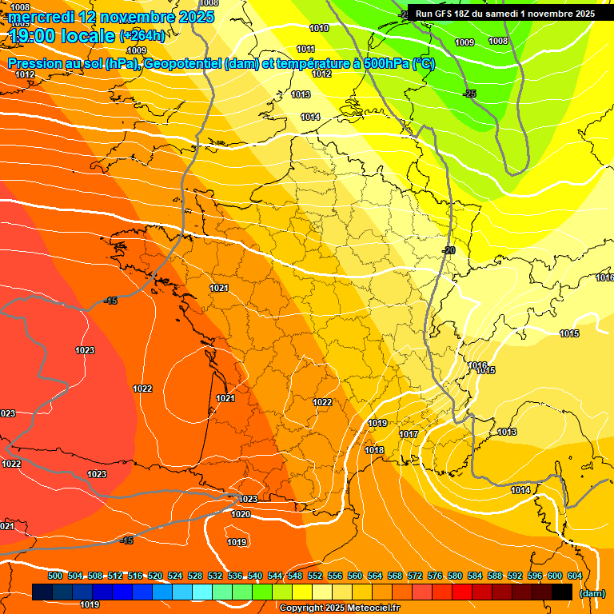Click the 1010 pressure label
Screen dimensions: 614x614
click(318, 28)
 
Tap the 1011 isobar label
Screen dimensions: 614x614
click(305, 49)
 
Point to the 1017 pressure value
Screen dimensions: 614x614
click(409, 434)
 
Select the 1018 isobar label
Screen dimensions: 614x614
click(374, 450)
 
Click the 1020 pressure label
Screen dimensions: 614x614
click(241, 514)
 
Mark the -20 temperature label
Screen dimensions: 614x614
click(449, 250)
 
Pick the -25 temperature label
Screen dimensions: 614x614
click(469, 94)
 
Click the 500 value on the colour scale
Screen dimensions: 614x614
click(55, 576)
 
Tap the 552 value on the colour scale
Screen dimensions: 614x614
click(315, 576)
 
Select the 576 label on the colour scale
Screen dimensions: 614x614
click(435, 576)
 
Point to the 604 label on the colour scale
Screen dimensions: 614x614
click(575, 576)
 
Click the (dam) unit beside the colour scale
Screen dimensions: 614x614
click(592, 593)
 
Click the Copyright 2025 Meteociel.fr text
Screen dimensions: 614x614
click(339, 608)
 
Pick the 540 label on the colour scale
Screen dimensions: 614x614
click(255, 576)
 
